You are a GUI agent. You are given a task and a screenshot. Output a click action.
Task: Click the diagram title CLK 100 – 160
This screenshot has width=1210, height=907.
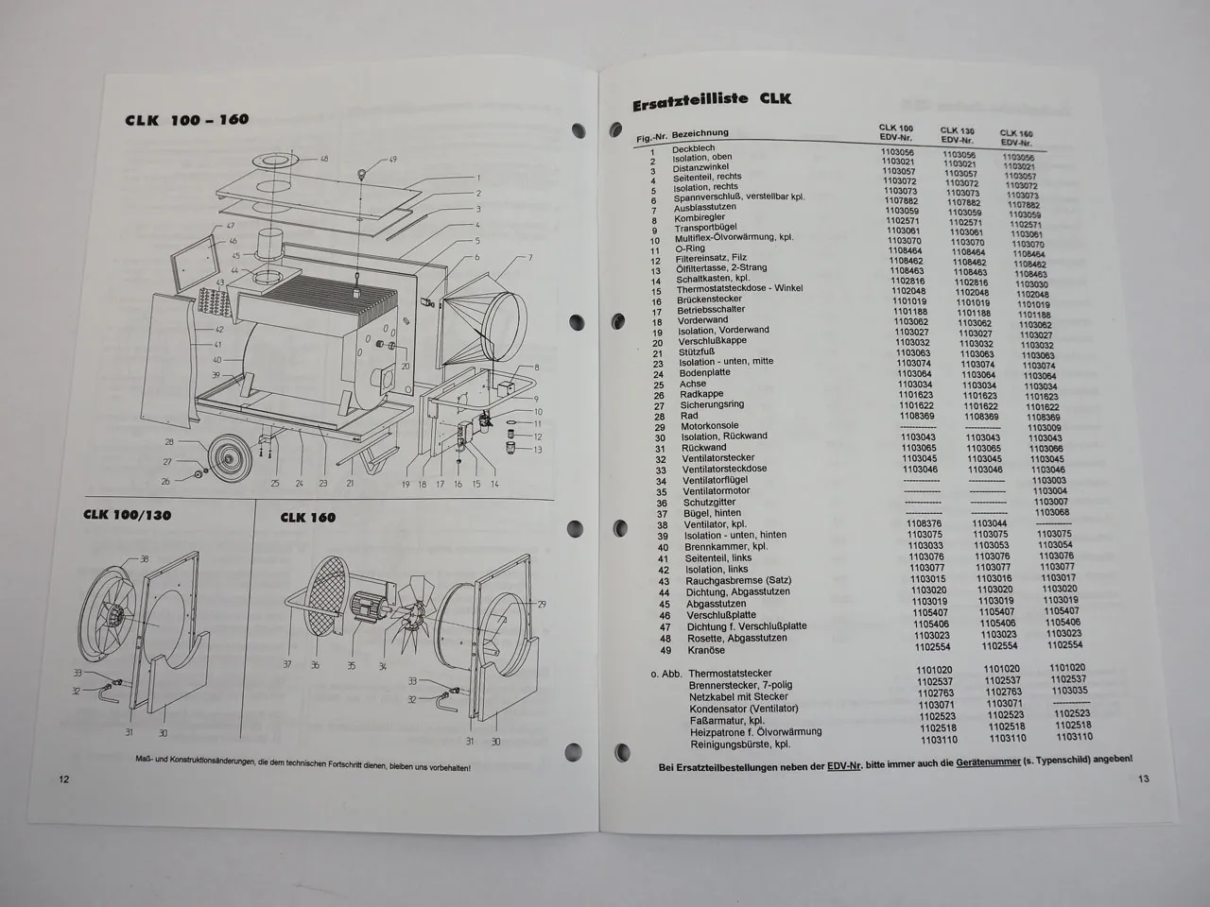186,120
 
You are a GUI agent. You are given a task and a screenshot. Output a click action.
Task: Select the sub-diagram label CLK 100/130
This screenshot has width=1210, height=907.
128,515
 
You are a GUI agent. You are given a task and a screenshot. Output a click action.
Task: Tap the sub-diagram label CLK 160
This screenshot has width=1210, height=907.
307,517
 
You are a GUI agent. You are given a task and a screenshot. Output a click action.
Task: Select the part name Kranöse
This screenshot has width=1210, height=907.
706,650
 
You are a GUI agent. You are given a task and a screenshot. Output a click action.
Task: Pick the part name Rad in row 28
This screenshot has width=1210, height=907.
689,416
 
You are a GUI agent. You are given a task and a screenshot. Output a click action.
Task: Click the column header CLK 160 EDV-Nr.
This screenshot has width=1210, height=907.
1016,138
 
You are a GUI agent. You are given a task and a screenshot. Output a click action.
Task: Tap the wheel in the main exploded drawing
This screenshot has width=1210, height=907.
227,460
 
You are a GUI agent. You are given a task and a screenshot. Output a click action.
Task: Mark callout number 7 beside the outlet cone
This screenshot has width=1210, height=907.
529,257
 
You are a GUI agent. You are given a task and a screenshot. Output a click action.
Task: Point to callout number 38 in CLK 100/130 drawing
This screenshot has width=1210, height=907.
145,558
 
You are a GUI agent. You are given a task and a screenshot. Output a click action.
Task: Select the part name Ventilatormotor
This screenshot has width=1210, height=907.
717,491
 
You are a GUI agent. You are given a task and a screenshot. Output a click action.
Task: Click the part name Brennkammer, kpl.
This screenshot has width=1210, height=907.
723,547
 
